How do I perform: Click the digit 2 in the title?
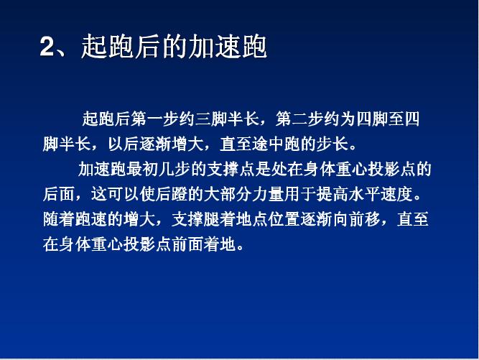(47, 47)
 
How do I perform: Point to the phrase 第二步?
(301, 119)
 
